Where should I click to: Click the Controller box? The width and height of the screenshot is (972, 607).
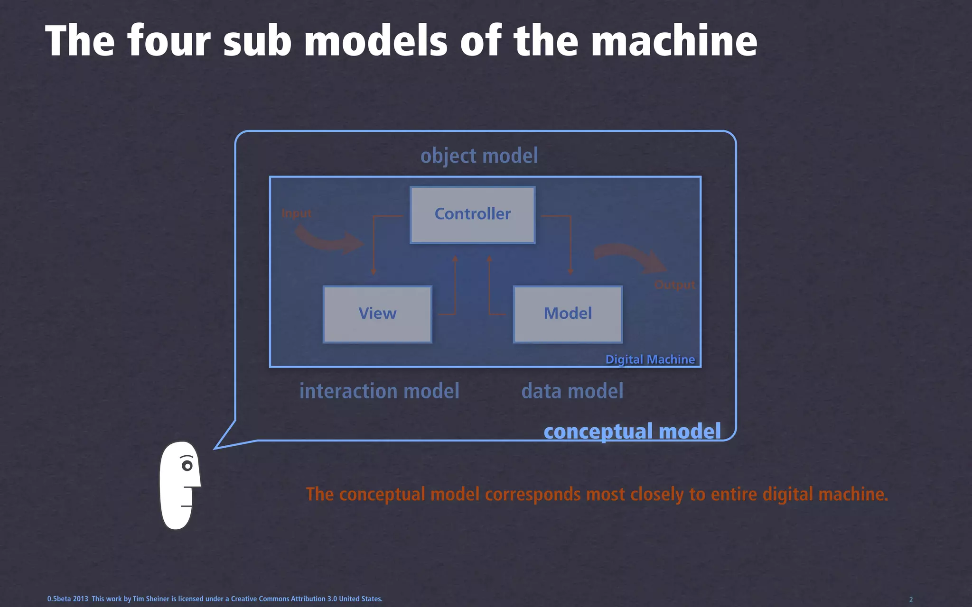pos(473,215)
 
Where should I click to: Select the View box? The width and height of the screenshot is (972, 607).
pos(377,314)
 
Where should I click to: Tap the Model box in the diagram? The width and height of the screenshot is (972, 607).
pos(568,314)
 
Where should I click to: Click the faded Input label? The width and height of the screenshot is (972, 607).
pos(297,213)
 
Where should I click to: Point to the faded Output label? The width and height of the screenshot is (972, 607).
pos(674,285)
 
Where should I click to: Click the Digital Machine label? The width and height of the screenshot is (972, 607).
pos(650,359)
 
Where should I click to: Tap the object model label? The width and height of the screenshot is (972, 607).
pos(479,156)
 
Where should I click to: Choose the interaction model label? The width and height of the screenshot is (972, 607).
pos(379,391)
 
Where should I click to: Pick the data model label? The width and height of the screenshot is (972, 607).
pos(572,391)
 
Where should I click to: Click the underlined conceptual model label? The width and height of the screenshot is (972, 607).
pos(632,432)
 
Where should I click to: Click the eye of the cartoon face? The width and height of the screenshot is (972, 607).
pos(187,466)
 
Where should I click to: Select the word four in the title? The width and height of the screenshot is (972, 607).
pos(168,41)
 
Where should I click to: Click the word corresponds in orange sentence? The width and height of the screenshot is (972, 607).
pos(533,494)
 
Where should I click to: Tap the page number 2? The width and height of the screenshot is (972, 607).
pos(911,599)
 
